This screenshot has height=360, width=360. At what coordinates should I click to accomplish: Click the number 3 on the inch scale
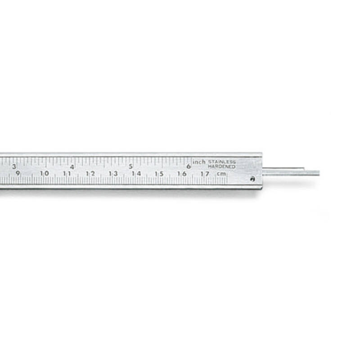tap(14, 166)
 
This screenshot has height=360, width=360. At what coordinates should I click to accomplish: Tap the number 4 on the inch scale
tap(72, 167)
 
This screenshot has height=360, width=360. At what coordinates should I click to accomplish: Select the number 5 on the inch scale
tap(130, 166)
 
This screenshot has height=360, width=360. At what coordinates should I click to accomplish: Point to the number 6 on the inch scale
tap(189, 166)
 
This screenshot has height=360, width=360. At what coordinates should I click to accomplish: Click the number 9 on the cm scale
tap(18, 173)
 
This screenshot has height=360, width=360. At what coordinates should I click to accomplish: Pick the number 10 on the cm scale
tap(45, 173)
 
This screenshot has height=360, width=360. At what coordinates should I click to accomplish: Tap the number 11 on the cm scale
tap(67, 174)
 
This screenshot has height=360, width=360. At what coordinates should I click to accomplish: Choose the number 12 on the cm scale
tap(90, 174)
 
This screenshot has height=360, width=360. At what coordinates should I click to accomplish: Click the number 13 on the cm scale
tap(113, 174)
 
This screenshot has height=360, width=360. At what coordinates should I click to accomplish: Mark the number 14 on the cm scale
tap(136, 174)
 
